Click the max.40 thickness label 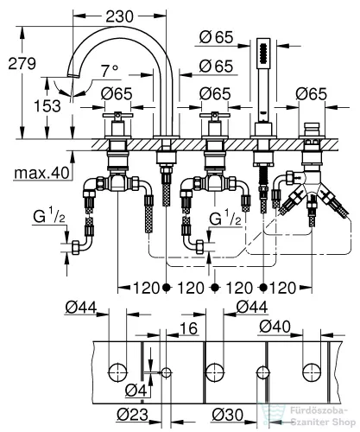pos(42,175)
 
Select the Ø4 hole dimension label pos(130,397)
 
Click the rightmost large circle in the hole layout pos(310,372)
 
